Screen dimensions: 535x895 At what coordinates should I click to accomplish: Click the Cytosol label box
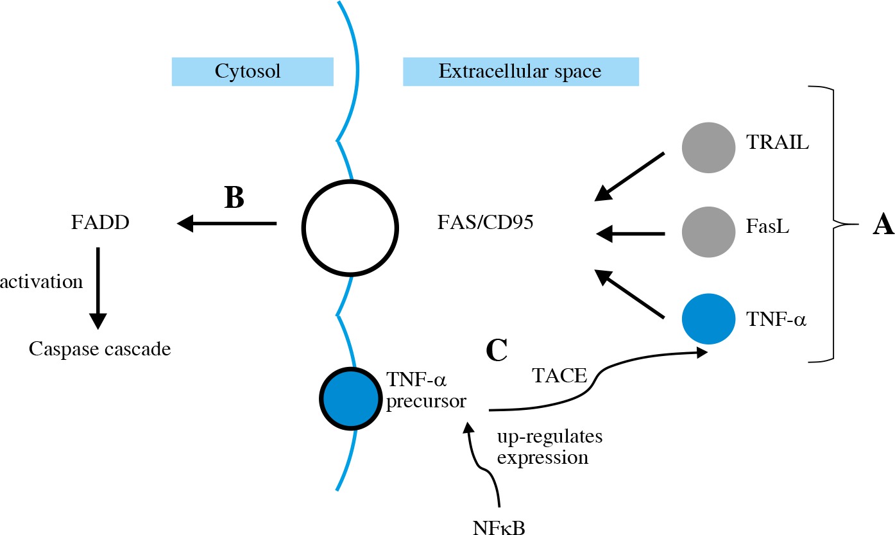[252, 71]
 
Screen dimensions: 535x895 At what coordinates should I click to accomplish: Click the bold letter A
[875, 226]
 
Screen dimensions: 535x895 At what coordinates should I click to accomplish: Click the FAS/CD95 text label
[484, 226]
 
